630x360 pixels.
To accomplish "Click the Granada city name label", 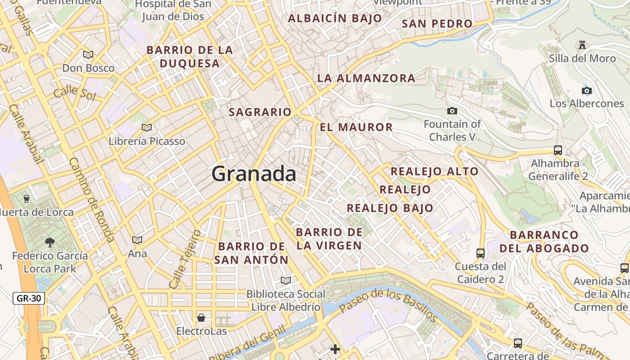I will (x=254, y=174).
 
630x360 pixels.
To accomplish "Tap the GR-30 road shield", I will (x=29, y=298).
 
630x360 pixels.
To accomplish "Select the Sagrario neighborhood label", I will (x=260, y=112).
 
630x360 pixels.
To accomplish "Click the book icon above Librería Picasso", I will (x=147, y=127).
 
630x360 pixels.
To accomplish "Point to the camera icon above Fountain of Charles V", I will (x=452, y=111).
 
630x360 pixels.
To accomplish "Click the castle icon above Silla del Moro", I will (x=582, y=45).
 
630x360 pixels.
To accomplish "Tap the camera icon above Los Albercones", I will (x=586, y=90).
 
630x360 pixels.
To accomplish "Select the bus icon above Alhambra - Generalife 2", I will (x=558, y=150).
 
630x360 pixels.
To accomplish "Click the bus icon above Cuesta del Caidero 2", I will (x=481, y=253).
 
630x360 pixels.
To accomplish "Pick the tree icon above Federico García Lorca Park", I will (x=49, y=243).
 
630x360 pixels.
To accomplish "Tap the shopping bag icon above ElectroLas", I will (x=201, y=318).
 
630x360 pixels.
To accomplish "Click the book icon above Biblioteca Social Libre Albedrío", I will (x=285, y=280).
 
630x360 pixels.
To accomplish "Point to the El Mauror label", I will (x=356, y=127).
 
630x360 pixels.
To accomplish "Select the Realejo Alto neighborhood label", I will (x=434, y=171).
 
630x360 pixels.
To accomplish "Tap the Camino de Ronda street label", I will (x=92, y=200).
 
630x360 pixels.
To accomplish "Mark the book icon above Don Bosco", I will (x=88, y=54).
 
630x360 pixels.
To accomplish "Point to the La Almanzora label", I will (x=366, y=78).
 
